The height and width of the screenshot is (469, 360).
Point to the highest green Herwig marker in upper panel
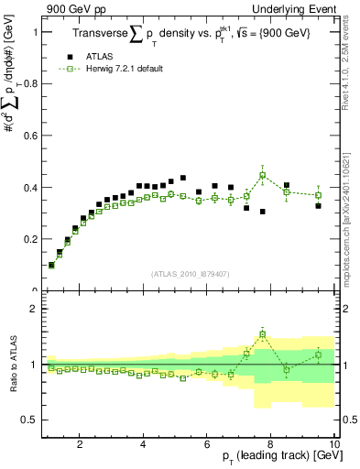pos(263,175)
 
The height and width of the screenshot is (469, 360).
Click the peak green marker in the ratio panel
pos(263,334)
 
